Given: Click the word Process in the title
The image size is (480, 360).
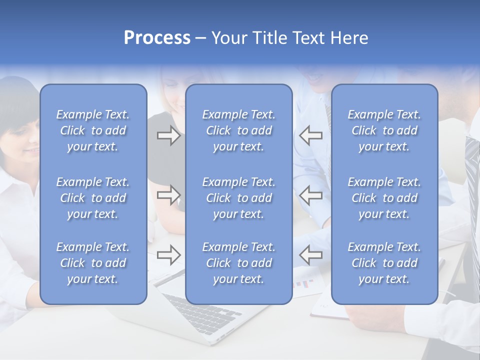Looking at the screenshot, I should click(157, 38).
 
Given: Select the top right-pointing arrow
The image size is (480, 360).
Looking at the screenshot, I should click(168, 135).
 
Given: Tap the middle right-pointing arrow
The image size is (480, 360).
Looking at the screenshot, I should click(168, 195).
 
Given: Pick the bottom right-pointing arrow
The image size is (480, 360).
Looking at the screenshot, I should click(168, 255).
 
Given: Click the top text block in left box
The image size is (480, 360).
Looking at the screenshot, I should click(93, 130).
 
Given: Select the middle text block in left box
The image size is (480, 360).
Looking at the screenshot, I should click(93, 198).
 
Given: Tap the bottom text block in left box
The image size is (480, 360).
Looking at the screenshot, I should click(93, 263).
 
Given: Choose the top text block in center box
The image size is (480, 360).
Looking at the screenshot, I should click(238, 130).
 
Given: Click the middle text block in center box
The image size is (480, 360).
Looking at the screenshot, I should click(238, 198).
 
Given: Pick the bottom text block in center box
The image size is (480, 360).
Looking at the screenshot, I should click(238, 263).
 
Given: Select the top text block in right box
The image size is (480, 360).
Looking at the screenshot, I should click(384, 130).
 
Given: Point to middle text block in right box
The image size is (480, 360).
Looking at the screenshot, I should click(384, 198).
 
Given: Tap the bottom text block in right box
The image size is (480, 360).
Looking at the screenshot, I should click(384, 263).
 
